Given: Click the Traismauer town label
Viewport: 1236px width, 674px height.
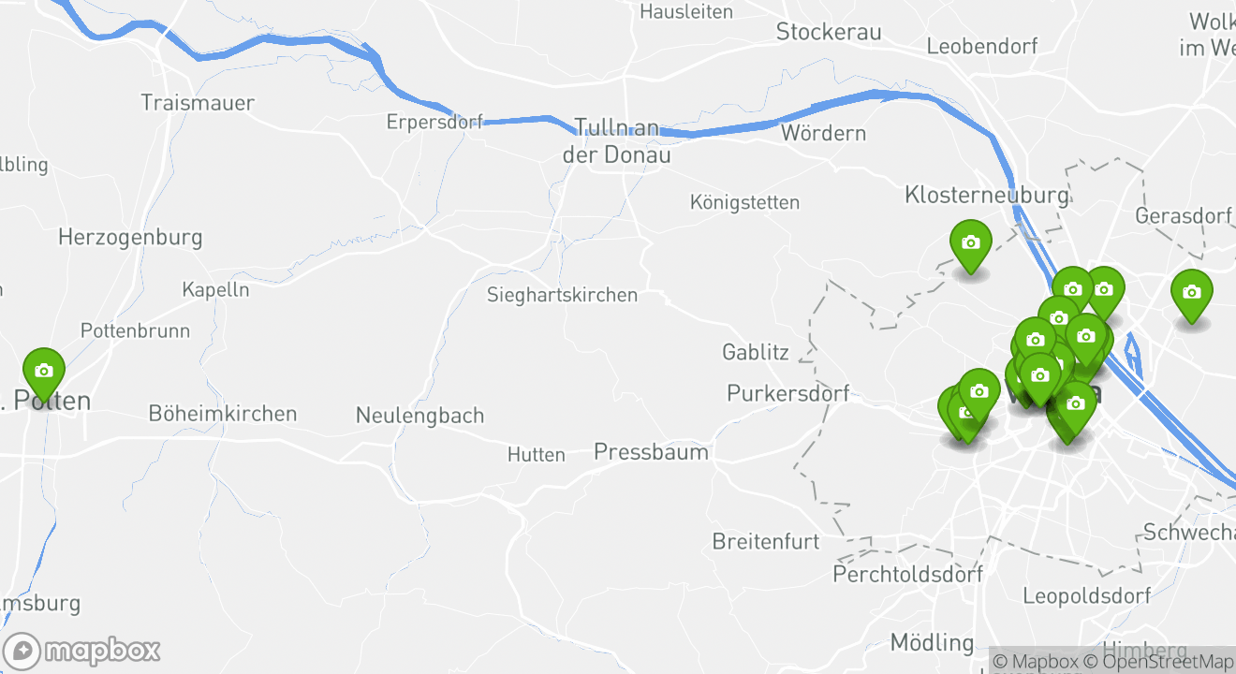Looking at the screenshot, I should pos(197,102).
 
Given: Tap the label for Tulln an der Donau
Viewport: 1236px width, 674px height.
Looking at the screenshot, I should pos(616,141).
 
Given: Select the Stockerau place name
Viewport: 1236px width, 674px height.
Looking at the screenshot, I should pos(829,32).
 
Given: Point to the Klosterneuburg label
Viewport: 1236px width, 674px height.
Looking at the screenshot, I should pos(986,195).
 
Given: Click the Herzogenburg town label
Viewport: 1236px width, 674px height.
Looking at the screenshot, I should pos(130,237).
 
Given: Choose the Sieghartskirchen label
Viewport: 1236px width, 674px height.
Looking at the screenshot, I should pos(562,295).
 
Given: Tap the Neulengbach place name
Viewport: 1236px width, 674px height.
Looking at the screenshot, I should pos(419,415).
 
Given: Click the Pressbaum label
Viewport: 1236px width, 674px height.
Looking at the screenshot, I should pos(651,452).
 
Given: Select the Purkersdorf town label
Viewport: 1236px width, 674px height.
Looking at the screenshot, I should pos(788,393).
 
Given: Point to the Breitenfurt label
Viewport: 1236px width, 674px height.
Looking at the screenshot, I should pos(765,541).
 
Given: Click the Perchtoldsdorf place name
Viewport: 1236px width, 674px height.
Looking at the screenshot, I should pos(907,574).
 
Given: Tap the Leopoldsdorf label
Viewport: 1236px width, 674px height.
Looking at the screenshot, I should pos(1086,595).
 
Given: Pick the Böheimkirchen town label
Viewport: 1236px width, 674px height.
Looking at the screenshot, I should pos(223,413).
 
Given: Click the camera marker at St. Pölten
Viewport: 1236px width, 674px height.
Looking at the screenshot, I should pos(43,372).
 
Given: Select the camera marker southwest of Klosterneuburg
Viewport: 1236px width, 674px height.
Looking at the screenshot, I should pos(970,243).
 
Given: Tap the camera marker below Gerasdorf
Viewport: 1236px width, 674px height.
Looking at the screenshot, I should pos(1191,293).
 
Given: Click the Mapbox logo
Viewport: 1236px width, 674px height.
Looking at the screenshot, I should pos(82,651).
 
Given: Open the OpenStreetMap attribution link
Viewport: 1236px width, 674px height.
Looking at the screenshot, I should pos(1161,661).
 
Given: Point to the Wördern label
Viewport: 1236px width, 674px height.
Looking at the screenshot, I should pos(823,133).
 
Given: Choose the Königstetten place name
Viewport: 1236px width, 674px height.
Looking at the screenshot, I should pos(744,202).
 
